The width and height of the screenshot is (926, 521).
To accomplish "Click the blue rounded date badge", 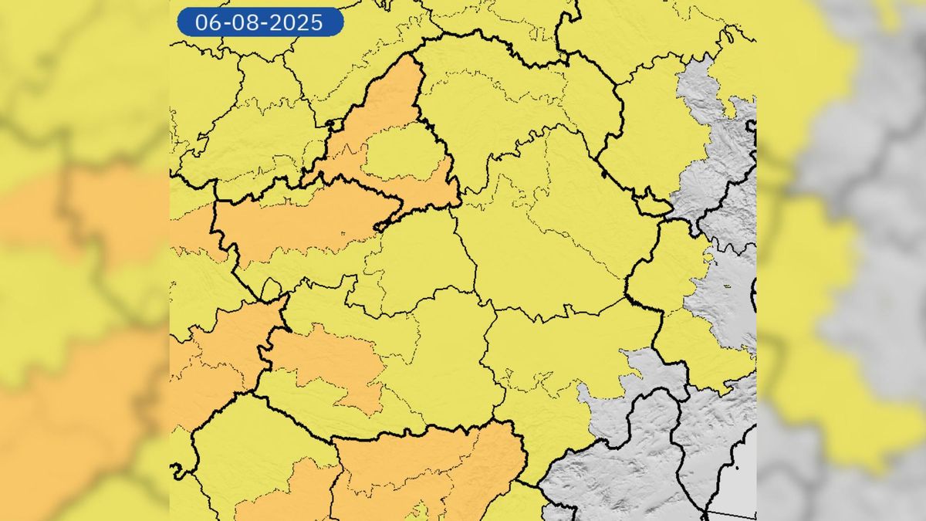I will [260, 22].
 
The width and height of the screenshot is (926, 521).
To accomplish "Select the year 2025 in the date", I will [296, 23].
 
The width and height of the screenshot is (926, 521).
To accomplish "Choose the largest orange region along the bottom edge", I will [432, 471].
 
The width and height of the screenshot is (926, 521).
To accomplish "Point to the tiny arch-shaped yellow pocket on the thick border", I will [271, 291].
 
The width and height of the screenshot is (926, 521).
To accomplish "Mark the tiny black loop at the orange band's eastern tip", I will [380, 226].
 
